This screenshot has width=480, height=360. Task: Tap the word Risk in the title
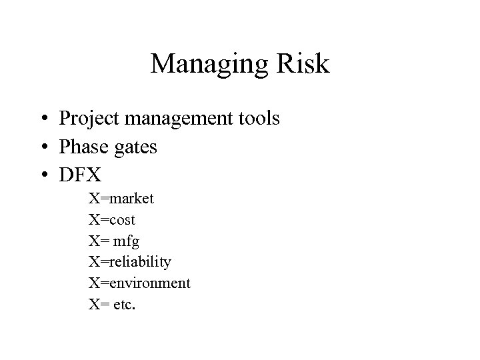pyautogui.click(x=301, y=64)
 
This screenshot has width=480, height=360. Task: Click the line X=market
pyautogui.click(x=121, y=198)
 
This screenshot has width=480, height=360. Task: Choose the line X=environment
pyautogui.click(x=139, y=283)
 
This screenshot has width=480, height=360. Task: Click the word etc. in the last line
pyautogui.click(x=125, y=305)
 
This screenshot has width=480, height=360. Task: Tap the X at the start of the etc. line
pyautogui.click(x=94, y=305)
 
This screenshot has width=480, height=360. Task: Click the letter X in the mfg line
pyautogui.click(x=94, y=241)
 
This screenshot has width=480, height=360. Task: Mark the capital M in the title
pyautogui.click(x=163, y=64)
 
